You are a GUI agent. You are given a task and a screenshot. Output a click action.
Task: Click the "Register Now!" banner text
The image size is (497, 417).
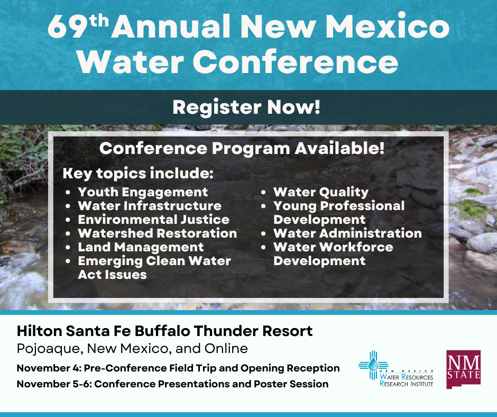pyautogui.click(x=246, y=107)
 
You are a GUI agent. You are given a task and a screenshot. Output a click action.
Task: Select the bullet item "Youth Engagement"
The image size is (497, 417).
pyautogui.click(x=143, y=192)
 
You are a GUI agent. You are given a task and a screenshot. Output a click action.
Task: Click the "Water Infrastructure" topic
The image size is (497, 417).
pyautogui.click(x=150, y=206)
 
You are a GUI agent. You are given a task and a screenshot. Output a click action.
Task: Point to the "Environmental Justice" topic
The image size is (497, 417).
pyautogui.click(x=153, y=220)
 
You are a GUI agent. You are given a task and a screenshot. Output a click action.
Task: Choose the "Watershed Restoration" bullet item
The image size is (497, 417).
pyautogui.click(x=157, y=233)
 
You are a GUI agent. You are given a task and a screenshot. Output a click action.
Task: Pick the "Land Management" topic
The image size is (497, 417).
pyautogui.click(x=141, y=247)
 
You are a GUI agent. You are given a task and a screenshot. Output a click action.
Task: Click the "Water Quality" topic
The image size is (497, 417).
pyautogui.click(x=320, y=192)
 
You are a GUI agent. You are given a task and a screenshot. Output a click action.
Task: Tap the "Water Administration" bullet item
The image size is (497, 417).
pyautogui.click(x=347, y=233)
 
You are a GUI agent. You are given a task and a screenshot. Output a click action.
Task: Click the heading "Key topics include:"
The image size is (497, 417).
pyautogui.click(x=138, y=174)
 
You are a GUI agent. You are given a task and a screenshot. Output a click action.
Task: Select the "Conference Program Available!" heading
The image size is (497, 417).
pyautogui.click(x=242, y=148)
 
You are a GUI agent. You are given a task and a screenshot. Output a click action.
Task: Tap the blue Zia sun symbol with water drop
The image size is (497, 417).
pyautogui.click(x=374, y=365)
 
